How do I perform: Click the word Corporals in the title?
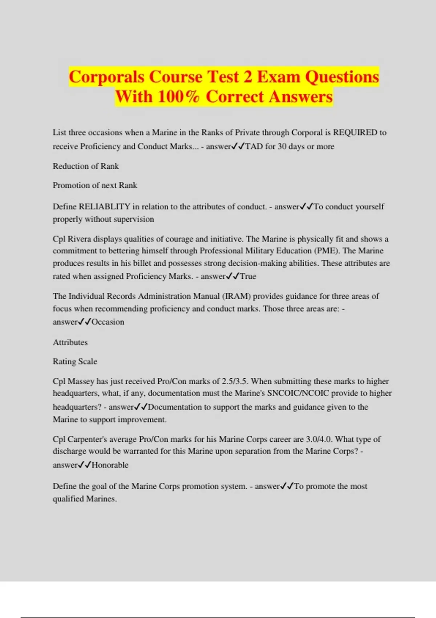(107, 77)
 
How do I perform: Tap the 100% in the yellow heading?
(178, 97)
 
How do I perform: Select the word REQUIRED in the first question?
(355, 132)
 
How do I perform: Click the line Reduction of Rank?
(86, 166)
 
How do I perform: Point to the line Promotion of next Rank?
(95, 185)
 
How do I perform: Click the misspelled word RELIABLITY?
(105, 206)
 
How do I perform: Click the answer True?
(248, 276)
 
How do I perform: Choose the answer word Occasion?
(108, 322)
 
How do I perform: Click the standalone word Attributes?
(70, 342)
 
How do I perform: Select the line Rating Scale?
(75, 361)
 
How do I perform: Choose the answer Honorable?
(110, 465)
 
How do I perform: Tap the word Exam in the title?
(279, 77)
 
